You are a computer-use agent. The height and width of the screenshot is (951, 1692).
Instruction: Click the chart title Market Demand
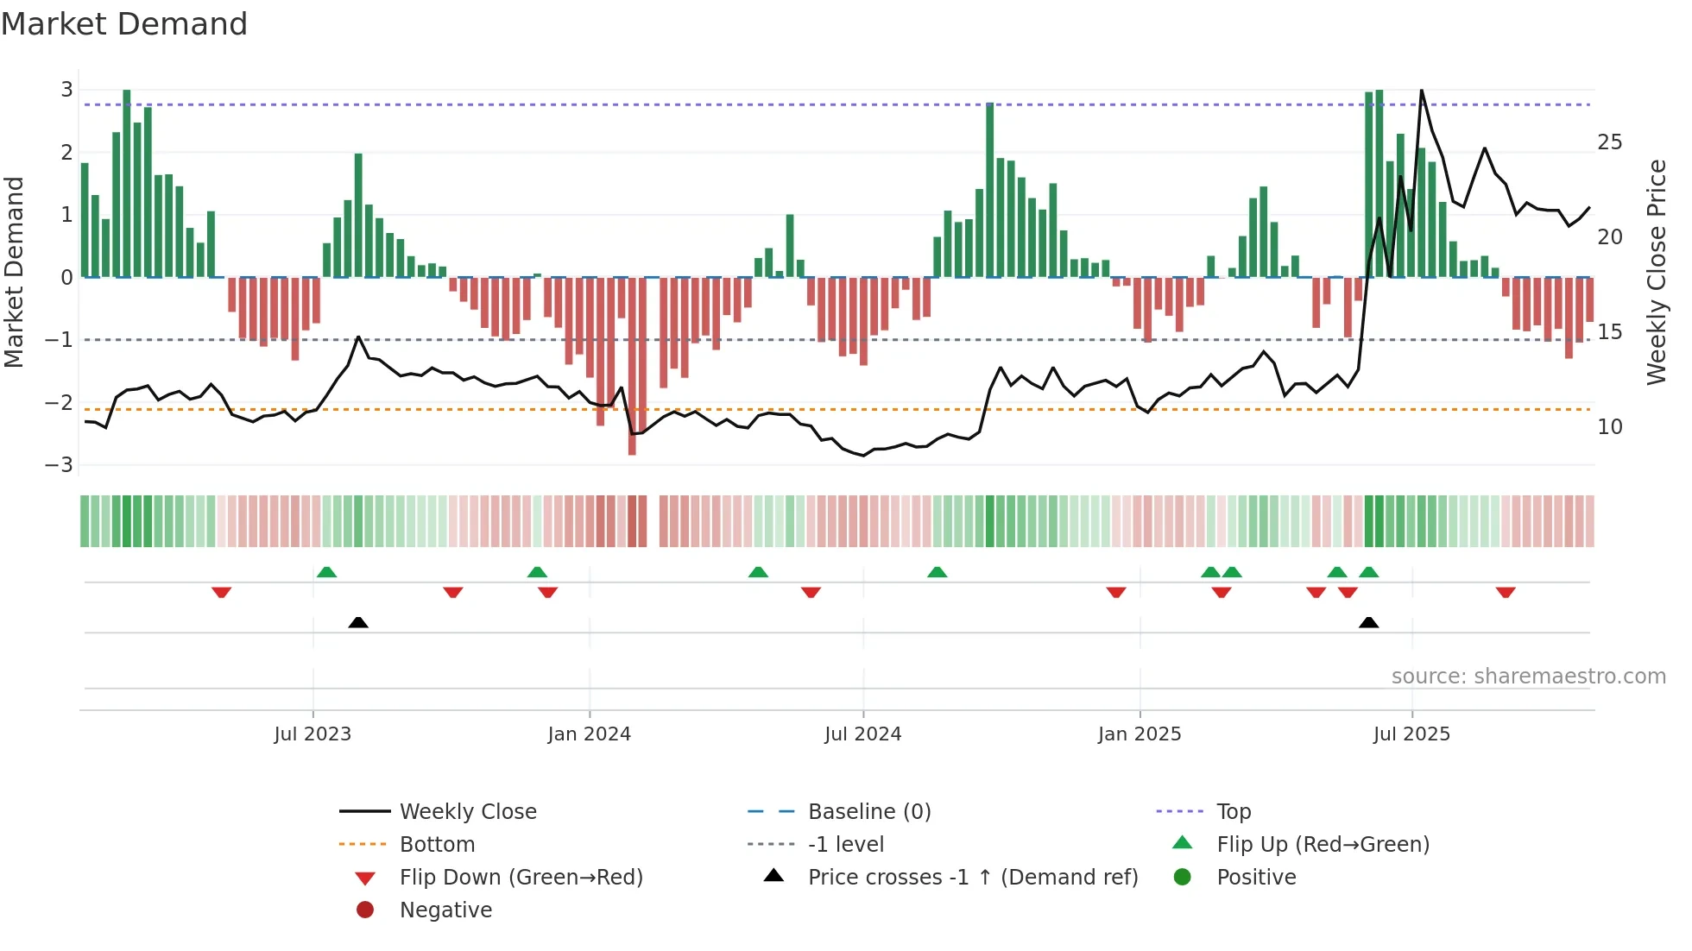point(124,24)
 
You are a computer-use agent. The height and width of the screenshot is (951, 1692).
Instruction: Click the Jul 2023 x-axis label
point(313,734)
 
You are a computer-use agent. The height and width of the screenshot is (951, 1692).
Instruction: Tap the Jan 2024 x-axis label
point(589,734)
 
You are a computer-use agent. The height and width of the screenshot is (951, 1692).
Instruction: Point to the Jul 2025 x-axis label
point(1411,734)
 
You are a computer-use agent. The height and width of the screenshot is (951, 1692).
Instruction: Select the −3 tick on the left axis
point(60,465)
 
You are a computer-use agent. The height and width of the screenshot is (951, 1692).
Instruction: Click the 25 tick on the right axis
point(1609,142)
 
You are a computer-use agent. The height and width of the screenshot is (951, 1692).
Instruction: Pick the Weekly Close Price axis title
point(1656,272)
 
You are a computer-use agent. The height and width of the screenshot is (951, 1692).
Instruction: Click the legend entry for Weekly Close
point(467,812)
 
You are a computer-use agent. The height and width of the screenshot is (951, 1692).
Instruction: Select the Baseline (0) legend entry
point(868,812)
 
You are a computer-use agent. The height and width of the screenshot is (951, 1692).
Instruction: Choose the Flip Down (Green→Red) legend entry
point(521,878)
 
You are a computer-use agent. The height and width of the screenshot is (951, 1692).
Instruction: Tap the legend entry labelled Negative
point(445,910)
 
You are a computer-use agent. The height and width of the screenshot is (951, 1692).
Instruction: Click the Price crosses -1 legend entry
point(972,878)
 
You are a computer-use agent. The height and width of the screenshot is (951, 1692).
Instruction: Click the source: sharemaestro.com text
point(1528,677)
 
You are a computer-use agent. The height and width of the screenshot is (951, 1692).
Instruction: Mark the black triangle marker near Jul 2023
point(358,622)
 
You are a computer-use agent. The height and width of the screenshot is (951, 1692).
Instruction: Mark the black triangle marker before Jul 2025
point(1368,622)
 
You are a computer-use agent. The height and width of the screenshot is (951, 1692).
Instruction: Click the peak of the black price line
point(1421,91)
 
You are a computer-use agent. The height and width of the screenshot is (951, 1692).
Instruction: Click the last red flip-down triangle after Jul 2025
point(1506,593)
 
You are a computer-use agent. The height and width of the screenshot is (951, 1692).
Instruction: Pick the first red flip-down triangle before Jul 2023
point(221,593)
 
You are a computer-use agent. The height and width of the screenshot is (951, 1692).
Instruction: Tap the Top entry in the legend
point(1233,812)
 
